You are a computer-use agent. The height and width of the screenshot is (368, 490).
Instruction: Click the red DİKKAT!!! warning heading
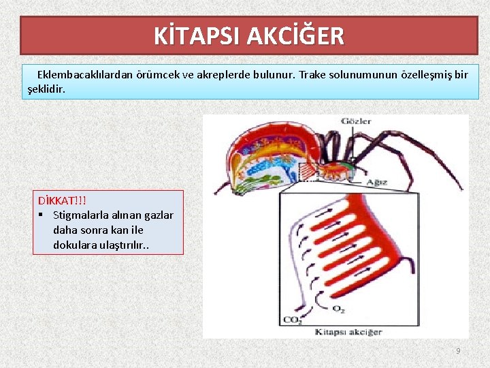pos(63,201)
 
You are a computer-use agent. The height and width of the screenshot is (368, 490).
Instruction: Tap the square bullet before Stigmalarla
pos(42,215)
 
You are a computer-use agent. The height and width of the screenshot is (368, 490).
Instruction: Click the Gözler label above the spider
pos(357,121)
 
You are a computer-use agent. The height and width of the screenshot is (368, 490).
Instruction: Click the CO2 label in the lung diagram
pos(293,320)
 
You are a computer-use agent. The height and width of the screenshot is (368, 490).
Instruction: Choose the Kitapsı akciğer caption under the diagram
pos(348,332)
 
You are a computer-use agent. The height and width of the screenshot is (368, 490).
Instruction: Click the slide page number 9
pos(458,350)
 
